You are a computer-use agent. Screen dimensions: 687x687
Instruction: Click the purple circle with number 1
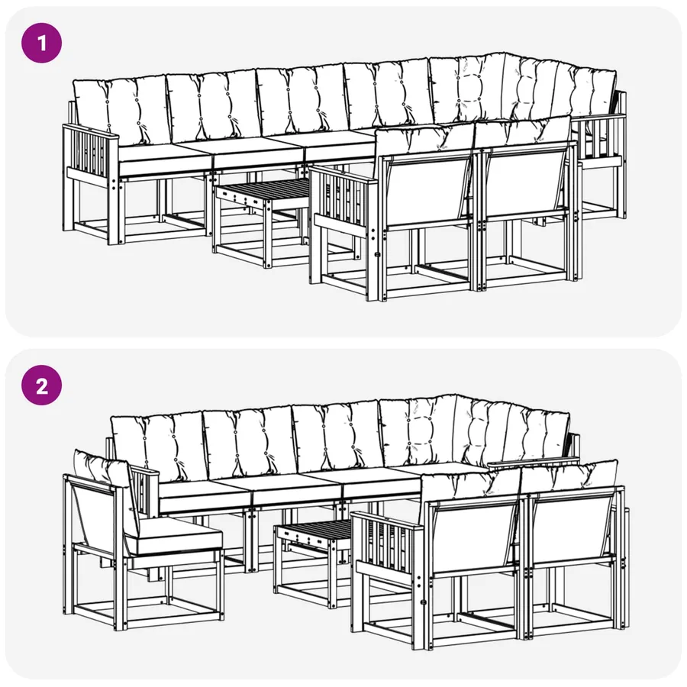point(42,43)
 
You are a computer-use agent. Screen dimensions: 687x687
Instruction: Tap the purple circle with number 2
point(42,386)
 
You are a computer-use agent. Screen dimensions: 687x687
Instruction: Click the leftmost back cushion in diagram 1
point(121,111)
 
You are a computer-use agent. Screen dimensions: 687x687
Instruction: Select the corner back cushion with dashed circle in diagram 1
point(468,89)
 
